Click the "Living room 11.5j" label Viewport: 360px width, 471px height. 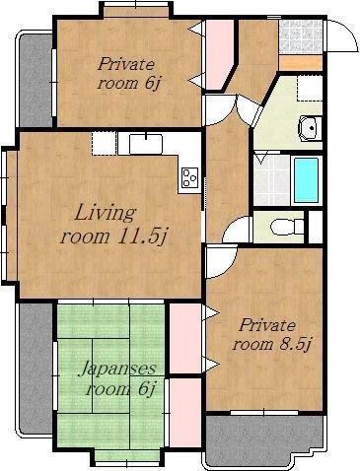click(111, 225)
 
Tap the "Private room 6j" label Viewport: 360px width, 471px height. click(126, 74)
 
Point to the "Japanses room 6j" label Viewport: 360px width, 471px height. click(117, 378)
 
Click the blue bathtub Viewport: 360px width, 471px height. click(306, 180)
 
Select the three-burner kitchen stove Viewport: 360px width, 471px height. click(189, 177)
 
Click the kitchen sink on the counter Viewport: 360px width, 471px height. click(146, 144)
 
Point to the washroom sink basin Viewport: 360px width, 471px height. click(310, 128)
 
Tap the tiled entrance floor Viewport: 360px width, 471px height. click(300, 36)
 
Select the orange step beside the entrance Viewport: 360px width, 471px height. click(300, 63)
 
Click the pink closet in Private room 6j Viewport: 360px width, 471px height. click(219, 54)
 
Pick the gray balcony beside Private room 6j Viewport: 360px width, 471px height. click(36, 81)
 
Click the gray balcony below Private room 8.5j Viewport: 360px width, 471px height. click(263, 441)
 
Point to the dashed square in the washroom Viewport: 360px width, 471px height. click(310, 88)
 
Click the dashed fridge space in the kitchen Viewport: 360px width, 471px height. click(104, 143)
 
